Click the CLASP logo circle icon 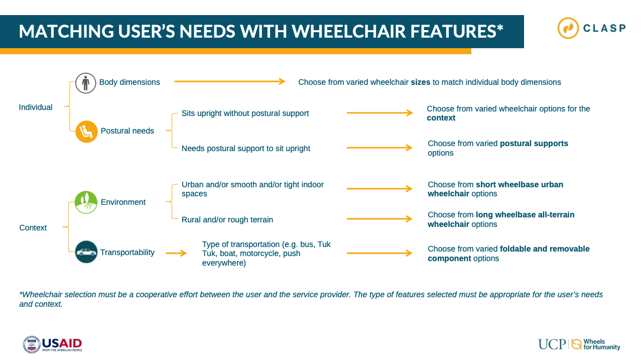point(568,28)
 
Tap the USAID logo point(52,344)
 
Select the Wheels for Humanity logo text point(601,344)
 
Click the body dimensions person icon point(85,83)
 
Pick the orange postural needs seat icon point(86,132)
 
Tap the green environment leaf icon point(86,202)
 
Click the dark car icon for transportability point(86,252)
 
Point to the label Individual point(36,107)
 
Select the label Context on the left point(33,228)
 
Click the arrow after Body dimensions point(230,81)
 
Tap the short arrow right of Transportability point(176,253)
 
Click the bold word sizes point(420,82)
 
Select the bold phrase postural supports point(534,144)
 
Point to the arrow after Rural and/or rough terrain point(379,219)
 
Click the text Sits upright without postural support point(245,113)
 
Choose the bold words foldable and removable point(545,249)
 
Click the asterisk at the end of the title point(500,28)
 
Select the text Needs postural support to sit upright point(246,149)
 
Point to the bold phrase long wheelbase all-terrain point(525,214)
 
